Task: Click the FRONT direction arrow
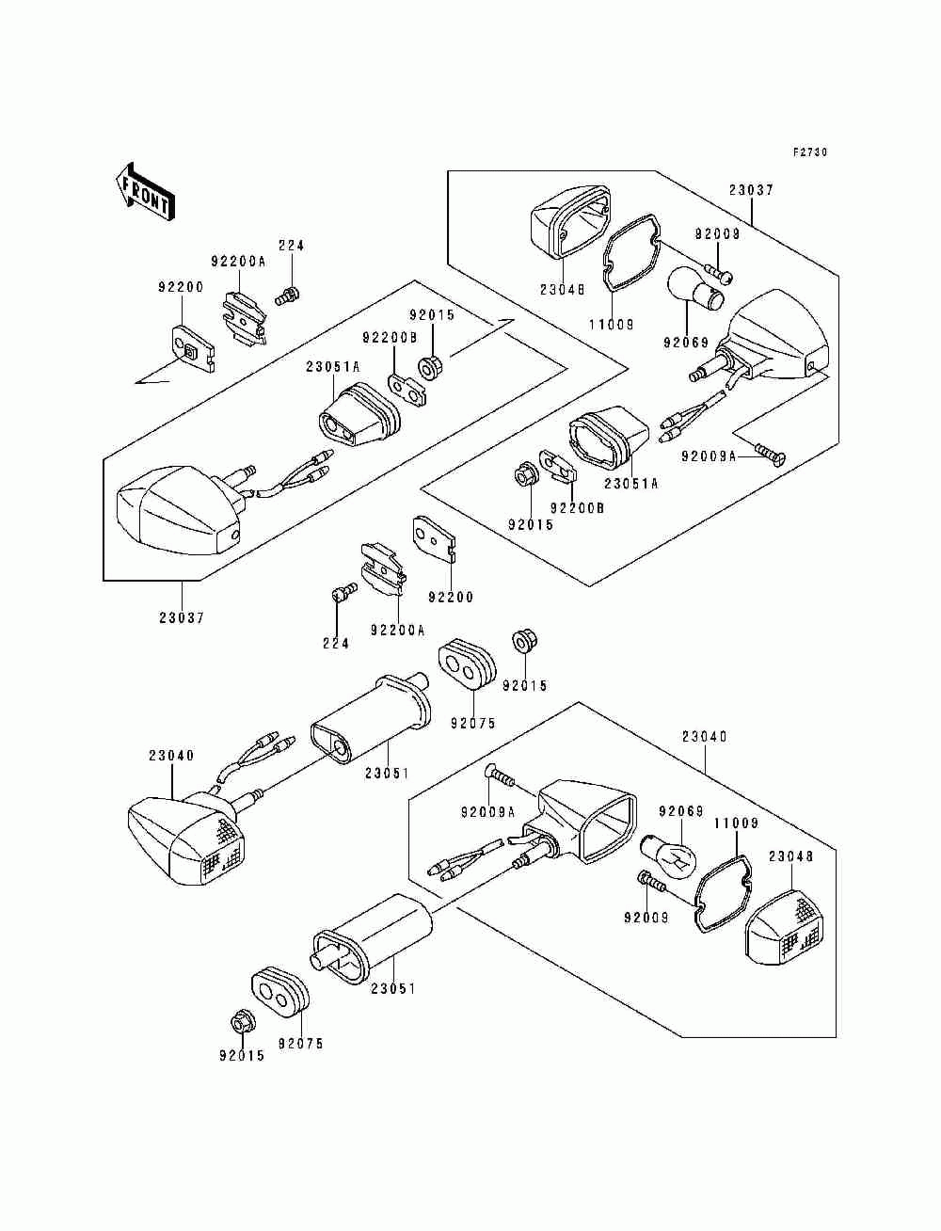click(145, 193)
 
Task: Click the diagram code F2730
click(810, 152)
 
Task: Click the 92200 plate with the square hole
click(192, 349)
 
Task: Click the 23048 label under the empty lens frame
click(563, 289)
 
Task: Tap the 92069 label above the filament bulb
click(680, 811)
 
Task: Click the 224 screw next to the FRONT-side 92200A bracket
click(287, 295)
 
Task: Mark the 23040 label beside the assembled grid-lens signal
click(171, 756)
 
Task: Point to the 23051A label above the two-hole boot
click(333, 367)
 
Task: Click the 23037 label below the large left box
click(182, 617)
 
